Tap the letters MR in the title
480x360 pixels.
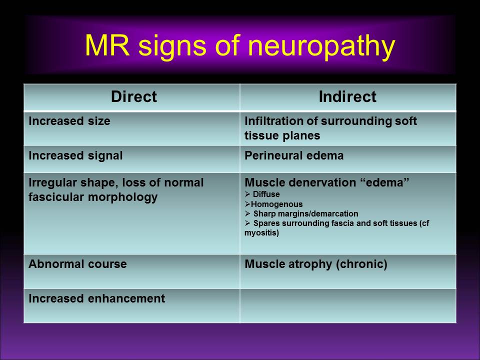coord(104,46)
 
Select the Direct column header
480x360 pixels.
coord(133,96)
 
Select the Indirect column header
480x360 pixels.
coord(347,96)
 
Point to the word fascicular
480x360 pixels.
coord(56,197)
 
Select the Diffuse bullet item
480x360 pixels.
coord(265,194)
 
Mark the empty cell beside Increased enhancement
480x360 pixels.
coord(347,305)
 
